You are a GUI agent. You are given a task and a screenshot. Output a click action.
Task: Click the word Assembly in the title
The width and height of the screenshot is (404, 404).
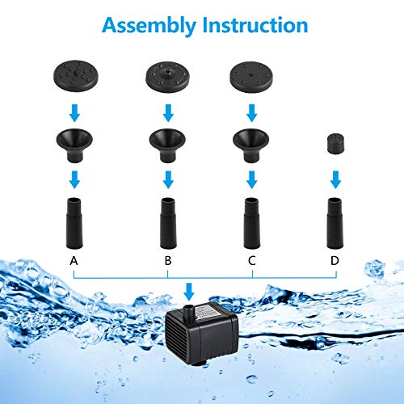pos(149,26)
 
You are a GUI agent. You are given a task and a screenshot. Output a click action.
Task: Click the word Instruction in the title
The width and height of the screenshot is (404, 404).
pos(255,25)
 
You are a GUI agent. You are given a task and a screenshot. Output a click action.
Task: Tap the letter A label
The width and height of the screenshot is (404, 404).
pos(74,260)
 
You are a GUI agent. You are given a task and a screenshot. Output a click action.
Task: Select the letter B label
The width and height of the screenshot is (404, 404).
pos(168,260)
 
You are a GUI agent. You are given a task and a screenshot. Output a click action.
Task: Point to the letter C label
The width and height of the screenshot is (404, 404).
pos(252,260)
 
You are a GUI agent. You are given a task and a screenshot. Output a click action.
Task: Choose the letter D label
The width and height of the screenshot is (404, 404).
pos(335,260)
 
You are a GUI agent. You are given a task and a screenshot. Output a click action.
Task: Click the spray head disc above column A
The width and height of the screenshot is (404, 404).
pos(76,76)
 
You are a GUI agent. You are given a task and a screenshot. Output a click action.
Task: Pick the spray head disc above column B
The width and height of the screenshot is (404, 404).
pos(167,78)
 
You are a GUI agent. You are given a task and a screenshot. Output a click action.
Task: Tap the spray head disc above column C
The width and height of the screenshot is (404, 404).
pos(251,78)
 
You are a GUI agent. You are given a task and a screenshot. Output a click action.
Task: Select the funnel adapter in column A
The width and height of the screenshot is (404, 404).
pos(74,145)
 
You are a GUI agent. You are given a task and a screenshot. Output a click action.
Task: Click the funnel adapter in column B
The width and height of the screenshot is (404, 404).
pos(167,145)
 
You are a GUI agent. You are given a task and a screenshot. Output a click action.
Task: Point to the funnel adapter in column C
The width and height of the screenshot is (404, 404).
pos(251,145)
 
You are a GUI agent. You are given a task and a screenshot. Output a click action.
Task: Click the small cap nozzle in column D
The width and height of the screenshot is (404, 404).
pos(336,144)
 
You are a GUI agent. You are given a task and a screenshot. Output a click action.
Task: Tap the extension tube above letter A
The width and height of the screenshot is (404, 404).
pos(74,223)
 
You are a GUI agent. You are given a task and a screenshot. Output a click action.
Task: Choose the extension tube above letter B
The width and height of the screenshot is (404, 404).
pos(168,223)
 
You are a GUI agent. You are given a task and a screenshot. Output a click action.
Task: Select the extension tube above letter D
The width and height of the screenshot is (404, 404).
pos(335,223)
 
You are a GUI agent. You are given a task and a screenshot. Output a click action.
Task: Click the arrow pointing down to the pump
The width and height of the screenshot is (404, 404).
pos(189,292)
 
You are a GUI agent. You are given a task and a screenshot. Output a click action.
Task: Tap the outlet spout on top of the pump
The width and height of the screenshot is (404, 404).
pos(188,311)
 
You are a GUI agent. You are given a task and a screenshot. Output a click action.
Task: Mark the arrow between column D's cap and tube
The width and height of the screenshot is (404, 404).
pos(335,179)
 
